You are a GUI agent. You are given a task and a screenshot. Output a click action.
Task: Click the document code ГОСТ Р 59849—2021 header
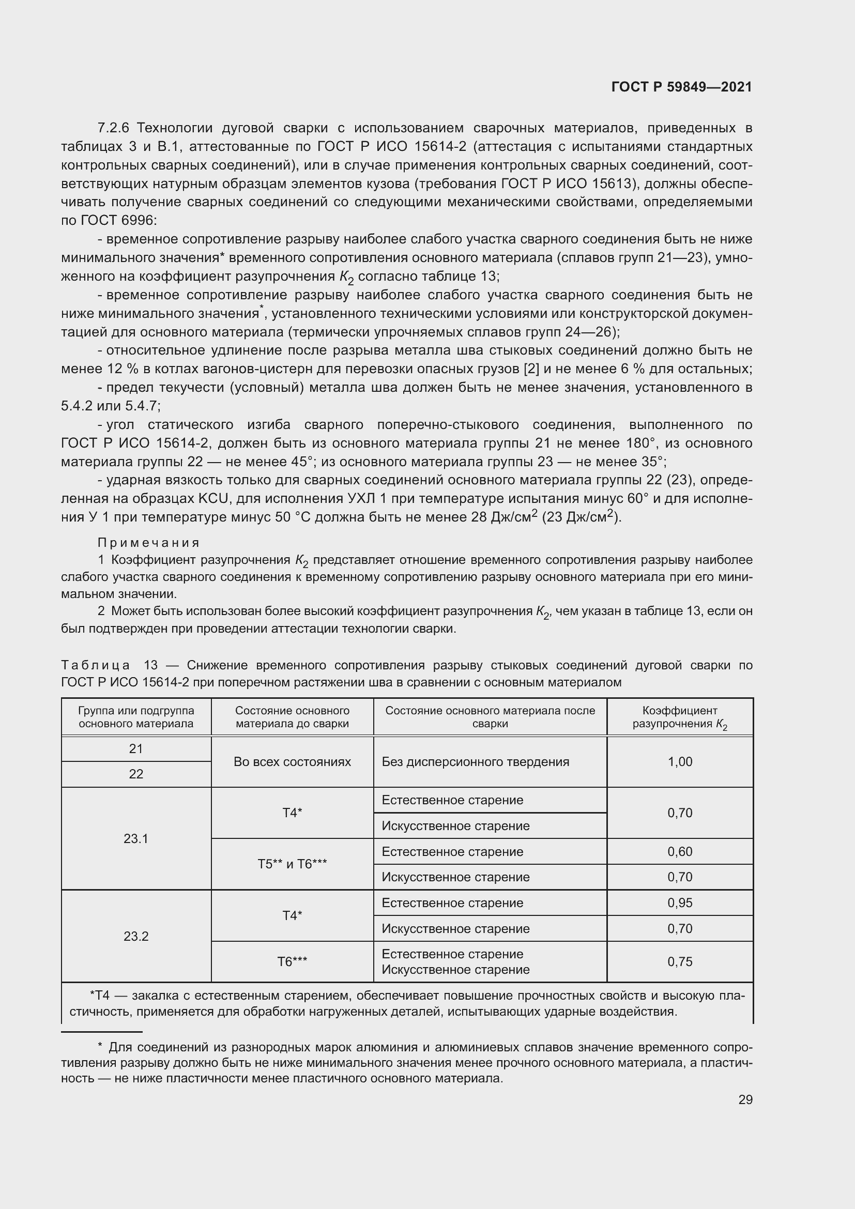point(681,87)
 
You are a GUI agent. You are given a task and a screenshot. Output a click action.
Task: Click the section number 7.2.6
point(113,128)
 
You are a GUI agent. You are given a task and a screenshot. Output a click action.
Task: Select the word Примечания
point(148,542)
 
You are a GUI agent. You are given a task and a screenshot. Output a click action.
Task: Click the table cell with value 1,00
point(680,762)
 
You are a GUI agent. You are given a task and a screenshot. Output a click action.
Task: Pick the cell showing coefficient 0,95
point(680,902)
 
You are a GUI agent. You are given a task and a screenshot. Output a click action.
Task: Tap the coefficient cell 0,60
point(680,851)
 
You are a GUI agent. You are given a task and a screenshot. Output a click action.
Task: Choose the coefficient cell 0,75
point(680,961)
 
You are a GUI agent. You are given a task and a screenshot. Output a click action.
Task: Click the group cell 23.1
point(136,838)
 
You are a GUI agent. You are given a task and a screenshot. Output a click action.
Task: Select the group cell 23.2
point(136,936)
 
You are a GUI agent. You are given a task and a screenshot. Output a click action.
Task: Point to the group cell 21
point(136,749)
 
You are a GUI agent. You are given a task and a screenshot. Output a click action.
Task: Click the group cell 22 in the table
point(136,774)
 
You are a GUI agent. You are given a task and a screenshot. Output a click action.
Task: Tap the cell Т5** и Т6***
point(292,864)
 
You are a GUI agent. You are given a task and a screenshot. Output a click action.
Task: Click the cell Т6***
point(292,962)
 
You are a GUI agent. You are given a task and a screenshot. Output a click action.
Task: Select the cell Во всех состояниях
point(292,762)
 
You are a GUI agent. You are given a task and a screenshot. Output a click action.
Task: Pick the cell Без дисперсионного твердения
point(476,762)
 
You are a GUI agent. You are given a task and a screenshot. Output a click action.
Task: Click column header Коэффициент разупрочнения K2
point(680,717)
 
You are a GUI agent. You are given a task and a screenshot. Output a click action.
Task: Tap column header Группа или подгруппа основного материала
point(136,717)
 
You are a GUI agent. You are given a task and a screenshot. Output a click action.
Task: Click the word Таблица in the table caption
point(95,665)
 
